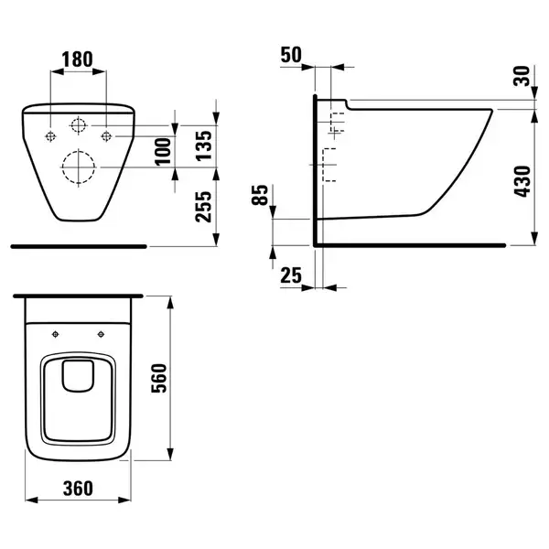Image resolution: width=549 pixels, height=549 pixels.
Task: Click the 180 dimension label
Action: (78, 59)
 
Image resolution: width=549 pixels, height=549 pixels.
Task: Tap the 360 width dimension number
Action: (78, 488)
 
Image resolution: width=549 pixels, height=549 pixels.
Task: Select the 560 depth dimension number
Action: (159, 378)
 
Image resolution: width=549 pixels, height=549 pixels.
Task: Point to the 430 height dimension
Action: (522, 181)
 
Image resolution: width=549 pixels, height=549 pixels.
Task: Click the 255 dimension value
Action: (204, 207)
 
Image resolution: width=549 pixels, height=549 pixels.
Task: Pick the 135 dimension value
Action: (204, 145)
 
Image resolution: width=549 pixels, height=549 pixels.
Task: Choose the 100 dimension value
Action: (163, 152)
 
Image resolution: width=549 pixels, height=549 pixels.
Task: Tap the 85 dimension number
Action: (260, 195)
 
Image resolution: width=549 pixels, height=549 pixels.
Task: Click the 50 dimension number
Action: (291, 55)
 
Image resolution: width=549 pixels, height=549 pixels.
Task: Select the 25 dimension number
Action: (291, 275)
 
